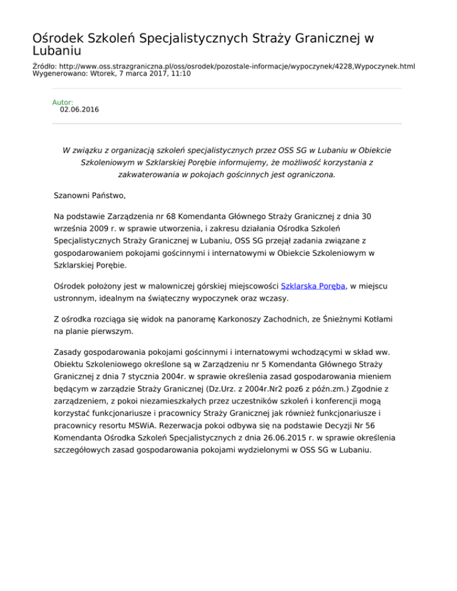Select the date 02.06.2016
(x=80, y=110)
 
